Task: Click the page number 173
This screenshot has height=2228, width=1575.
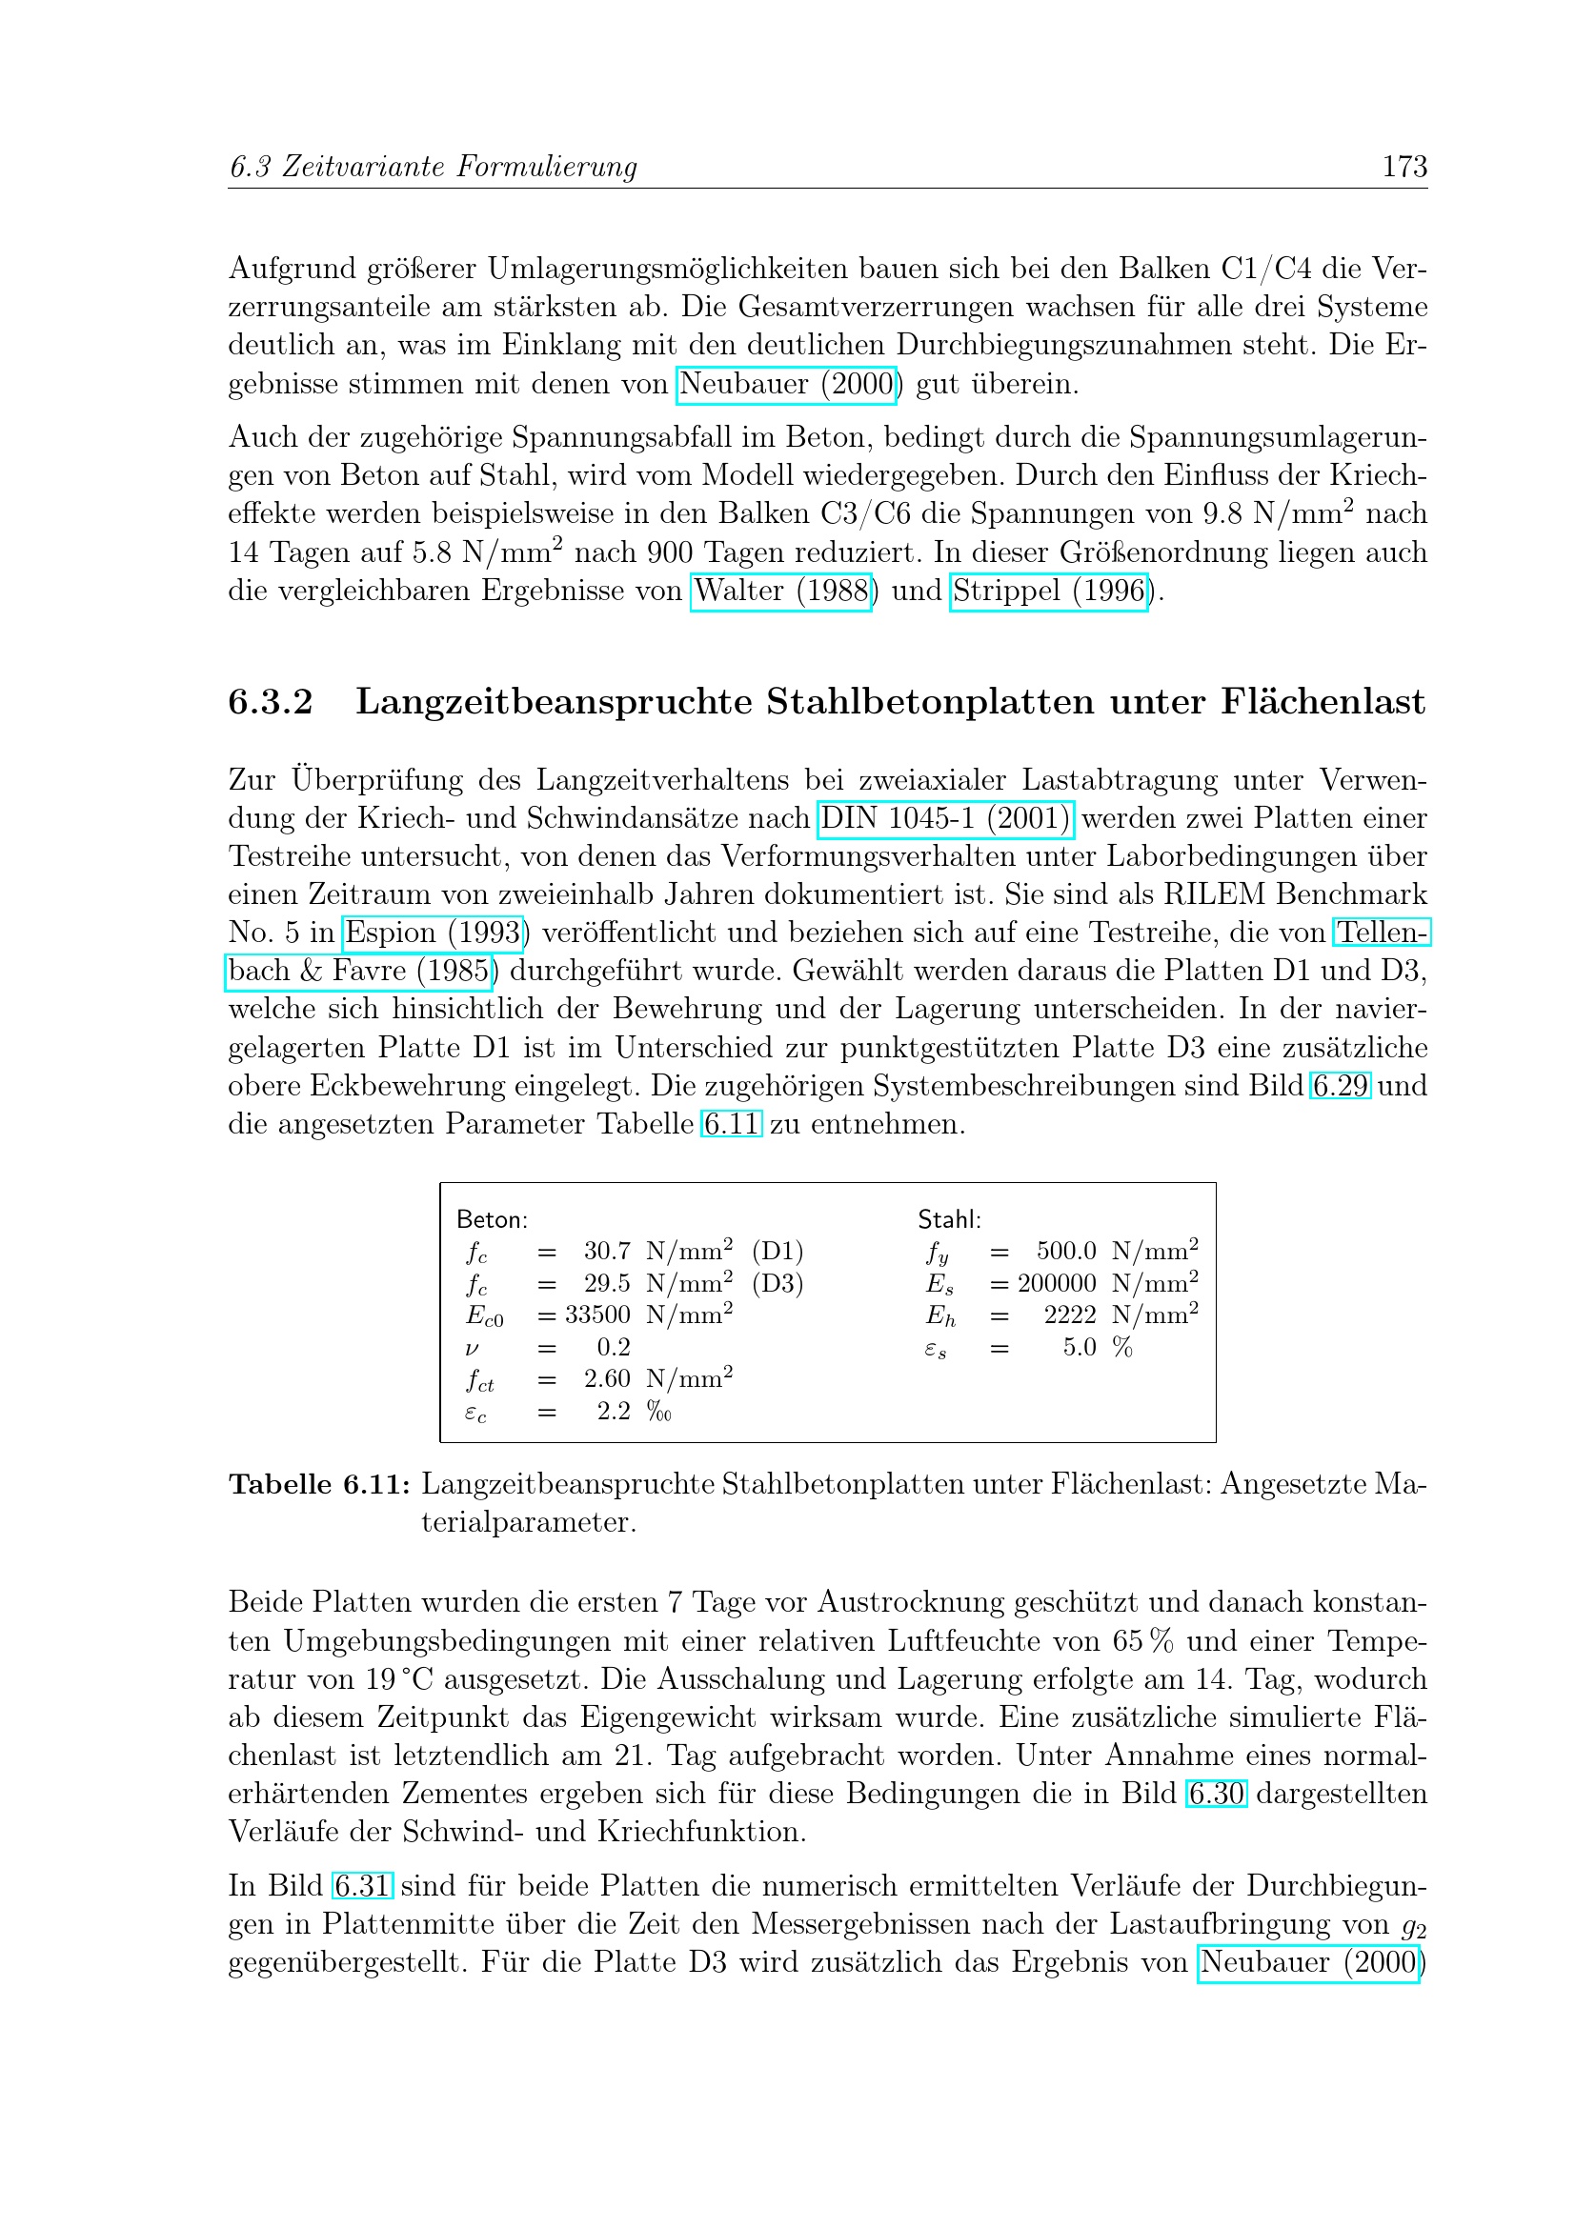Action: [1403, 167]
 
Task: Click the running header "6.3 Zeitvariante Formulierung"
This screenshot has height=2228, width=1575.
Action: [433, 167]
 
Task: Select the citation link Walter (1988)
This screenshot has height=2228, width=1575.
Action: [781, 591]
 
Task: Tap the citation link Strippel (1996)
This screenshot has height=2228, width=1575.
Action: [1048, 591]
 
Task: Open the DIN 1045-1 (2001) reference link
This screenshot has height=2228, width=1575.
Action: [945, 818]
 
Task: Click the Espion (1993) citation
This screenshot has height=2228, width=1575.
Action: [433, 933]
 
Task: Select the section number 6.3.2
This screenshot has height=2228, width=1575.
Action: [270, 702]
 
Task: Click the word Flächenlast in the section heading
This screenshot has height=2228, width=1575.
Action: [1323, 702]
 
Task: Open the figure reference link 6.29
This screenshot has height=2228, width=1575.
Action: [1341, 1085]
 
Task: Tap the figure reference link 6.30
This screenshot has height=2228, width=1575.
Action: [1216, 1794]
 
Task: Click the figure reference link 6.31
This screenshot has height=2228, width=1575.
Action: [362, 1885]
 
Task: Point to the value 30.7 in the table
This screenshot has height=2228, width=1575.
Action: [607, 1252]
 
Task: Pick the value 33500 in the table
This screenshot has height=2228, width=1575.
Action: [597, 1315]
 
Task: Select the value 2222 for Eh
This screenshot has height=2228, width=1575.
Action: [1069, 1315]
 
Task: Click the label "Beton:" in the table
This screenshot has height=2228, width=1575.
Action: [492, 1220]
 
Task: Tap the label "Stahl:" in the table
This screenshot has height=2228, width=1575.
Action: [949, 1220]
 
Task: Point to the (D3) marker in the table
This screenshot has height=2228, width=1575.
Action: [777, 1283]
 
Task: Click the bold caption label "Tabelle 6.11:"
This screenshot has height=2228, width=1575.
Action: [319, 1484]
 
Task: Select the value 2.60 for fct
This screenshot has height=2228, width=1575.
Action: [607, 1379]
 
